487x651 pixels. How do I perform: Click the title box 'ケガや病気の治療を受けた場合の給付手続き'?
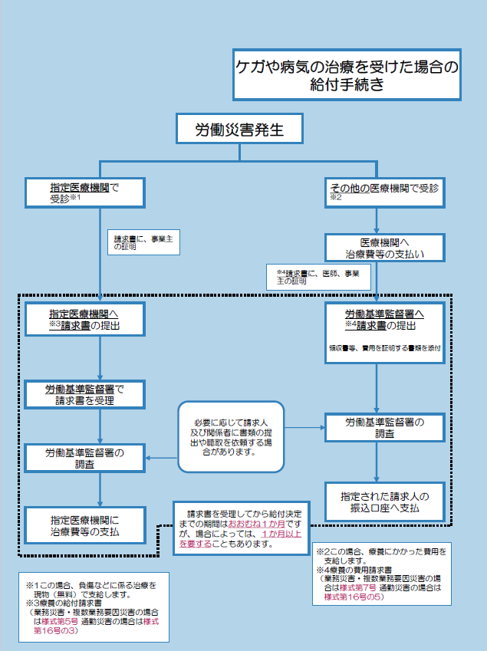pos(347,74)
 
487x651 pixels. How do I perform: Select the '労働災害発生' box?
pos(239,129)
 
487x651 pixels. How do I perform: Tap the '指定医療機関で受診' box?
pos(84,192)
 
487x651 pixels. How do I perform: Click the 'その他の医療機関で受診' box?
pos(385,192)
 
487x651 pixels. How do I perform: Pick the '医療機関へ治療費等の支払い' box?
pos(385,248)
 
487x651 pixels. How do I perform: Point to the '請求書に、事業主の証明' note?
pos(143,242)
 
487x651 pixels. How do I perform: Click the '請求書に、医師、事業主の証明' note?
pos(318,277)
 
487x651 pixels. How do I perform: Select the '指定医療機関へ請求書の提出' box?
pos(84,319)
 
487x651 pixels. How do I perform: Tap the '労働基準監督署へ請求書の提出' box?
pos(385,333)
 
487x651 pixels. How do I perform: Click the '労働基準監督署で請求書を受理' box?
pos(84,394)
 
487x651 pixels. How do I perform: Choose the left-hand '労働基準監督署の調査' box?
pos(84,458)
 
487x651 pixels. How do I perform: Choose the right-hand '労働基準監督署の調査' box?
pos(385,428)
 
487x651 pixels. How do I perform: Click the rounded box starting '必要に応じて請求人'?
pos(232,437)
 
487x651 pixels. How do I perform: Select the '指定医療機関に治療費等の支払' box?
pos(84,525)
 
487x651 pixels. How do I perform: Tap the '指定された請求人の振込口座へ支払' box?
pos(385,502)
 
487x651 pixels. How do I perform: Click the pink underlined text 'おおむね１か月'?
pos(257,524)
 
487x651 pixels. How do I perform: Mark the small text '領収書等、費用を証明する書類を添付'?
pos(385,348)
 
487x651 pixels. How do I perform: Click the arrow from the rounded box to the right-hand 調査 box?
pos(304,428)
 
